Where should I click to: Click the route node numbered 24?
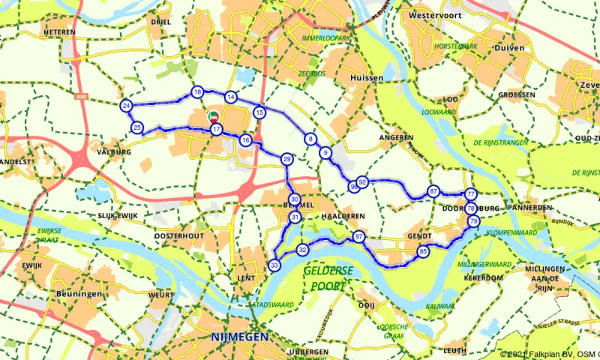(126, 105)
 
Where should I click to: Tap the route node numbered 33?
(274, 265)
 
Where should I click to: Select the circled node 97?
(359, 237)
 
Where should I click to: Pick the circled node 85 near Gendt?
(424, 252)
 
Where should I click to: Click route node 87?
(433, 191)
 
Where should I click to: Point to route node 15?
(259, 112)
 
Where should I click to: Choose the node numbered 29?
(286, 159)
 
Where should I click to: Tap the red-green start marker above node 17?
(213, 117)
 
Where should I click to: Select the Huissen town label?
(367, 77)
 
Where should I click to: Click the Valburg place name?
(115, 152)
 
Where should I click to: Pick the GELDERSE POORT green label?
(325, 278)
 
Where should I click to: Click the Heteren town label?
(60, 33)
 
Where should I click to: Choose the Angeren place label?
(397, 138)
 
